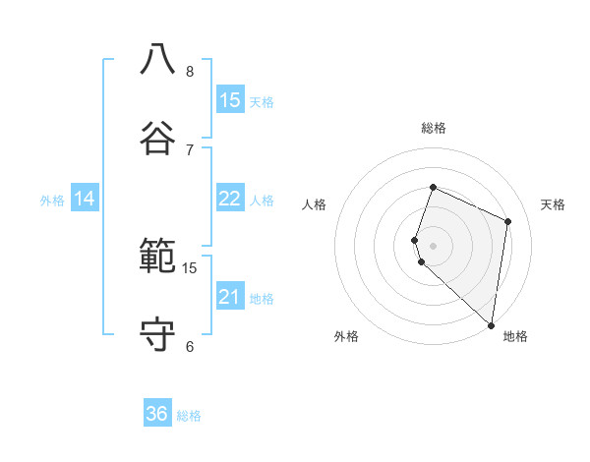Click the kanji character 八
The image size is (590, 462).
point(157,59)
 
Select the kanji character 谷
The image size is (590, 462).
point(157,137)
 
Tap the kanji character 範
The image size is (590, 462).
point(157,257)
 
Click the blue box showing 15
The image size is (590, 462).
point(230,99)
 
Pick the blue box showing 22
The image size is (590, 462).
point(230,199)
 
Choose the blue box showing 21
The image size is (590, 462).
point(230,297)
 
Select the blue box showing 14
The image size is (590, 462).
point(85,199)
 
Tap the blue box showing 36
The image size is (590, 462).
point(157,414)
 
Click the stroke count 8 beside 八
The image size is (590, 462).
point(189,71)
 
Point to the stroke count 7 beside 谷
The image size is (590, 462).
point(189,149)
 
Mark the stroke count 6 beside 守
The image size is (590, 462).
point(189,346)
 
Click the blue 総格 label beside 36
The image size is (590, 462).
point(189,416)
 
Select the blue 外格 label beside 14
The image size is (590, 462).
point(52,201)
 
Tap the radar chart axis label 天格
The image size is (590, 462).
point(553,204)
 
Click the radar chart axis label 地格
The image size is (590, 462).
point(515,336)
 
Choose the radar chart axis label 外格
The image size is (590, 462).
point(346,336)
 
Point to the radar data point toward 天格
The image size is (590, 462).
point(508,221)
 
